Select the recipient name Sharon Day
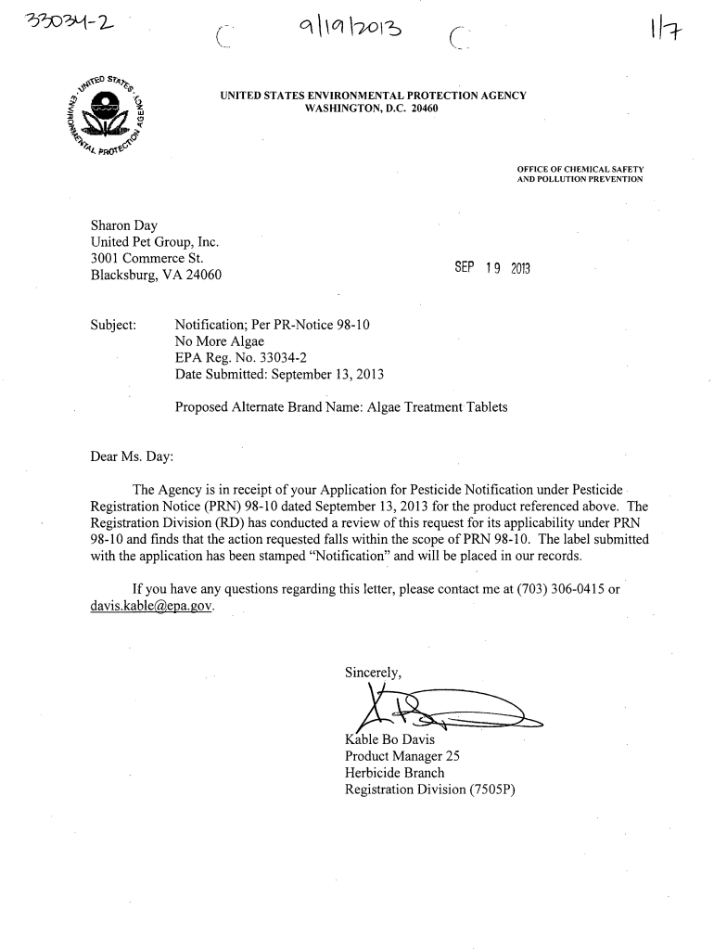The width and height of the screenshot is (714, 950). click(123, 225)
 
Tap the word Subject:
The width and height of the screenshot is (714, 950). click(113, 325)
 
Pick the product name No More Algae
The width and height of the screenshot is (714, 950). click(219, 341)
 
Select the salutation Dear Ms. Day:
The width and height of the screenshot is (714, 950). click(131, 456)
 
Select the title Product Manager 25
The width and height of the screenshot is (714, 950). click(402, 756)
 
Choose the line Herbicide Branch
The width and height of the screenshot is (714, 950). click(394, 773)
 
